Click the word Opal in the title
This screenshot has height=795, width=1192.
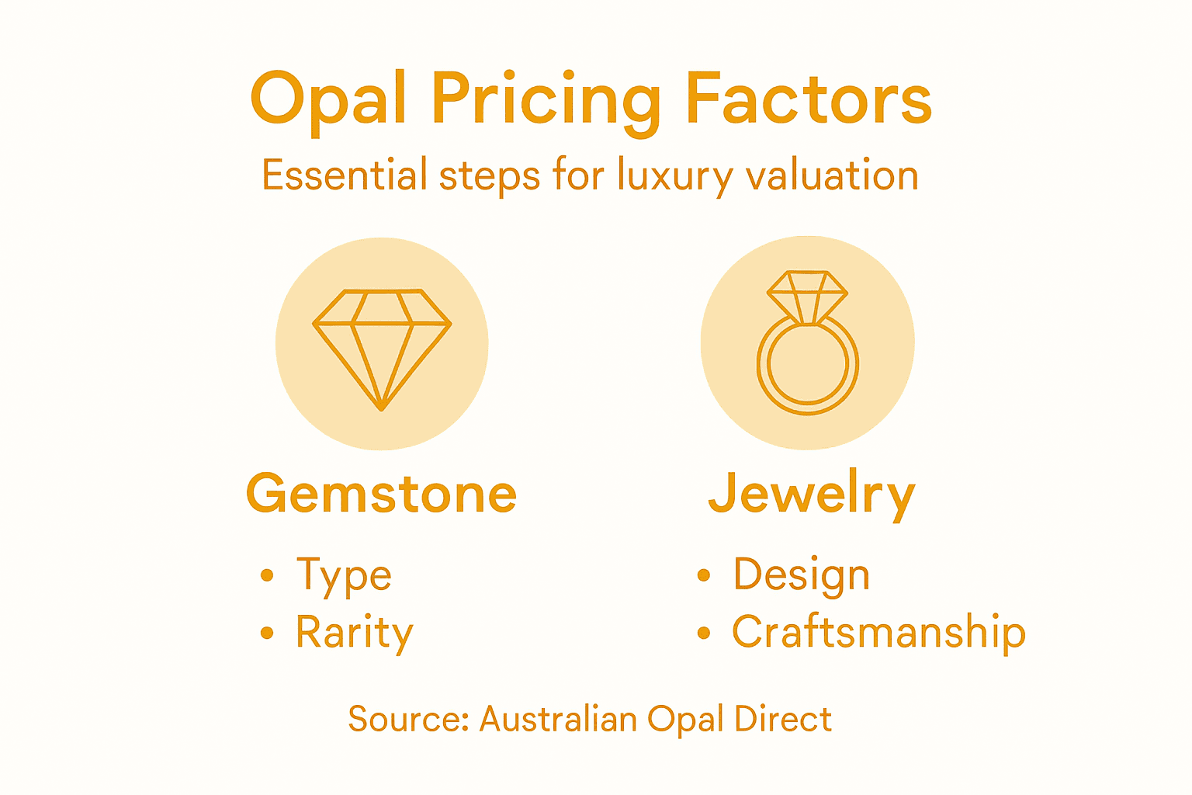click(x=328, y=100)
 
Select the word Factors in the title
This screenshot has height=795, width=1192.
click(x=808, y=99)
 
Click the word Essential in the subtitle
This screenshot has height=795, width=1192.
click(x=345, y=175)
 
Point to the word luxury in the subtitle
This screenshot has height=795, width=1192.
click(x=674, y=177)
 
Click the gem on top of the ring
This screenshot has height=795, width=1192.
click(x=807, y=294)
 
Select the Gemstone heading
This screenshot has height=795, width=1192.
click(x=381, y=494)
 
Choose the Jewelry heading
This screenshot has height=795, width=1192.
click(x=812, y=494)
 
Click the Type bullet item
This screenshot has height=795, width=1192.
click(x=344, y=576)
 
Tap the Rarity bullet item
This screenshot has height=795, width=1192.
click(x=355, y=633)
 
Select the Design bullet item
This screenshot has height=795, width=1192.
click(x=802, y=576)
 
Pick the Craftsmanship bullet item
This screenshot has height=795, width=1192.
click(x=878, y=632)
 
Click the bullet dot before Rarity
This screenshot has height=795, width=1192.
click(x=268, y=633)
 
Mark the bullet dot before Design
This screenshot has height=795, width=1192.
click(x=704, y=575)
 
